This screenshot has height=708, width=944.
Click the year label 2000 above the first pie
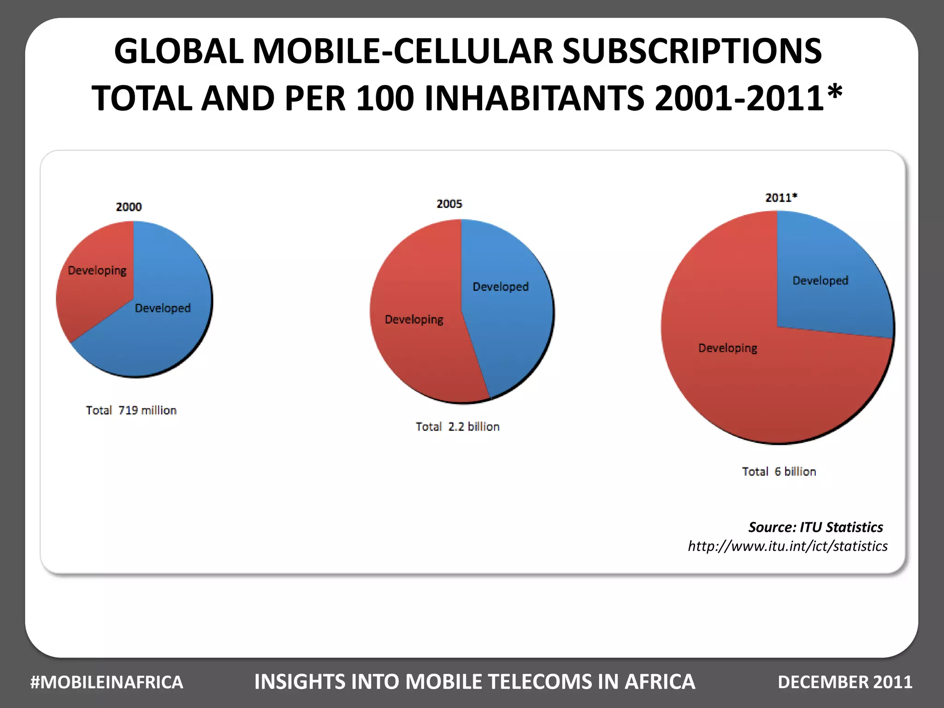pyautogui.click(x=129, y=207)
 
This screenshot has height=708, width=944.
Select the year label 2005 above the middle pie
pyautogui.click(x=449, y=204)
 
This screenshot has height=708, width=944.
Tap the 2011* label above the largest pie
pyautogui.click(x=781, y=198)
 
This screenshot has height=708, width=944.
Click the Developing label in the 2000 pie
pyautogui.click(x=97, y=271)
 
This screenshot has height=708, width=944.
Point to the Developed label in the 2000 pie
pyautogui.click(x=163, y=308)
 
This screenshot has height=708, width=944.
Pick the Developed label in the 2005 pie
pyautogui.click(x=501, y=287)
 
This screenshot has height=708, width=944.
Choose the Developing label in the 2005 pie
pyautogui.click(x=414, y=319)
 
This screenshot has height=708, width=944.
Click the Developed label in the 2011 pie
pyautogui.click(x=820, y=280)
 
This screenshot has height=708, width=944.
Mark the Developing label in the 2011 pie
pyautogui.click(x=728, y=348)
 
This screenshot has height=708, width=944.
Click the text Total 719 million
pyautogui.click(x=131, y=410)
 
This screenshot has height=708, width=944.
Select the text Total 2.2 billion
pyautogui.click(x=458, y=427)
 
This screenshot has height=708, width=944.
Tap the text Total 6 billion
pyautogui.click(x=779, y=472)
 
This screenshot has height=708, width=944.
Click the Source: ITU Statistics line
pyautogui.click(x=815, y=527)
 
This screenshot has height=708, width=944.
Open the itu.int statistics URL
pyautogui.click(x=788, y=546)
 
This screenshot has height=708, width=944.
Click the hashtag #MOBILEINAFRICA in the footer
pyautogui.click(x=107, y=682)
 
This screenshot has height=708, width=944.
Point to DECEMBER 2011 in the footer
pyautogui.click(x=845, y=682)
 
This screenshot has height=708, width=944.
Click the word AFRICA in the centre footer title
pyautogui.click(x=660, y=682)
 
